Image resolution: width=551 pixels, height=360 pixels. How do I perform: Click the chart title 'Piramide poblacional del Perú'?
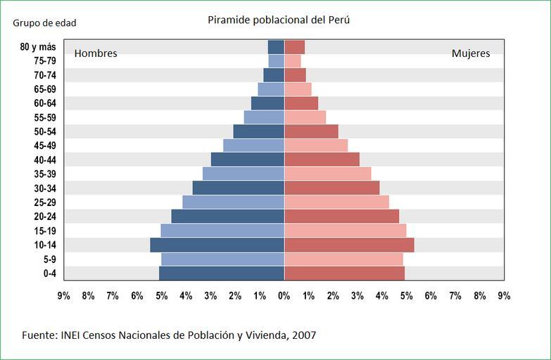(x=279, y=20)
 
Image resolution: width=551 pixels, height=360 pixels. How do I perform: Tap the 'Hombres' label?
(x=96, y=53)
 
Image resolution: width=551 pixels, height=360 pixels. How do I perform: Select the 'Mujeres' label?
(x=471, y=53)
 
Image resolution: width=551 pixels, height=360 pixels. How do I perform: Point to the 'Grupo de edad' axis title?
(x=44, y=22)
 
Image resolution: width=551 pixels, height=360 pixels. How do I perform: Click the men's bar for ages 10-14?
(x=217, y=245)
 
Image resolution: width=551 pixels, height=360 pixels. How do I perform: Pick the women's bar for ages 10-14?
(x=349, y=245)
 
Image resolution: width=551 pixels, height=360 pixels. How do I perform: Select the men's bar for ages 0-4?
(x=222, y=273)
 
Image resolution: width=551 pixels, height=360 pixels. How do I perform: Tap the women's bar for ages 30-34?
(x=331, y=188)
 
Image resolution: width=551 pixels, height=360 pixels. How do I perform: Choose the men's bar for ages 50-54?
(x=258, y=131)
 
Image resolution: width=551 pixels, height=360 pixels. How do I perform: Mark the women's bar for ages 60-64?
(x=301, y=103)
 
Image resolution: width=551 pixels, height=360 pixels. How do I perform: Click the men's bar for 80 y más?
(x=276, y=47)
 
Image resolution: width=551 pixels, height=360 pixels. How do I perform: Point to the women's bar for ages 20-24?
(x=341, y=216)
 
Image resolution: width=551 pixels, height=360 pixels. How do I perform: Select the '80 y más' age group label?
(x=38, y=47)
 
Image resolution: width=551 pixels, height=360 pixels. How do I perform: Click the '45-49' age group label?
(x=44, y=146)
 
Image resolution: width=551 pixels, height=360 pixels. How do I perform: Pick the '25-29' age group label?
(x=44, y=202)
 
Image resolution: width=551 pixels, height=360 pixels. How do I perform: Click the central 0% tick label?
(x=284, y=296)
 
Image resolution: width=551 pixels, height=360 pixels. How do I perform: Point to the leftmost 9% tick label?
(x=63, y=296)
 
